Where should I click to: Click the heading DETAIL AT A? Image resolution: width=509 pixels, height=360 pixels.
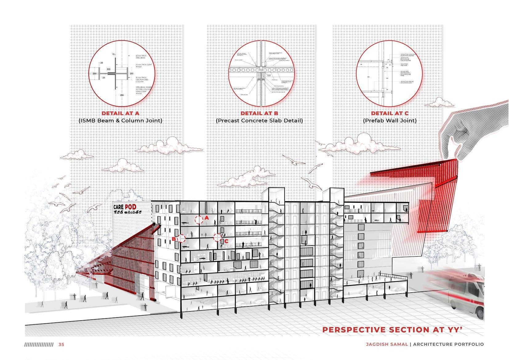point(120,113)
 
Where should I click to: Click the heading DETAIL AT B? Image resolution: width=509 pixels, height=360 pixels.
point(259,113)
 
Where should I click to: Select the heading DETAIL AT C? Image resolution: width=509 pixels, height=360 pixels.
point(390,113)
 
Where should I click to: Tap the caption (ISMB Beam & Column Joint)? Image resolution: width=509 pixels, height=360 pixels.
point(120,121)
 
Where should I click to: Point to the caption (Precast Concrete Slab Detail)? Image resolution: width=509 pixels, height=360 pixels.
point(259,121)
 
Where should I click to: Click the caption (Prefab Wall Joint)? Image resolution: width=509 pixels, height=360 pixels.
point(390,121)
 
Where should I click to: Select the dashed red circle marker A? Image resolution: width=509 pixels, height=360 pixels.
point(198,219)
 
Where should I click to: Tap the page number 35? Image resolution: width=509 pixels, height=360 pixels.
point(61,344)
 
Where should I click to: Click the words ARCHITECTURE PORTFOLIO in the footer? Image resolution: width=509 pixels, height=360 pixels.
point(449,344)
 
